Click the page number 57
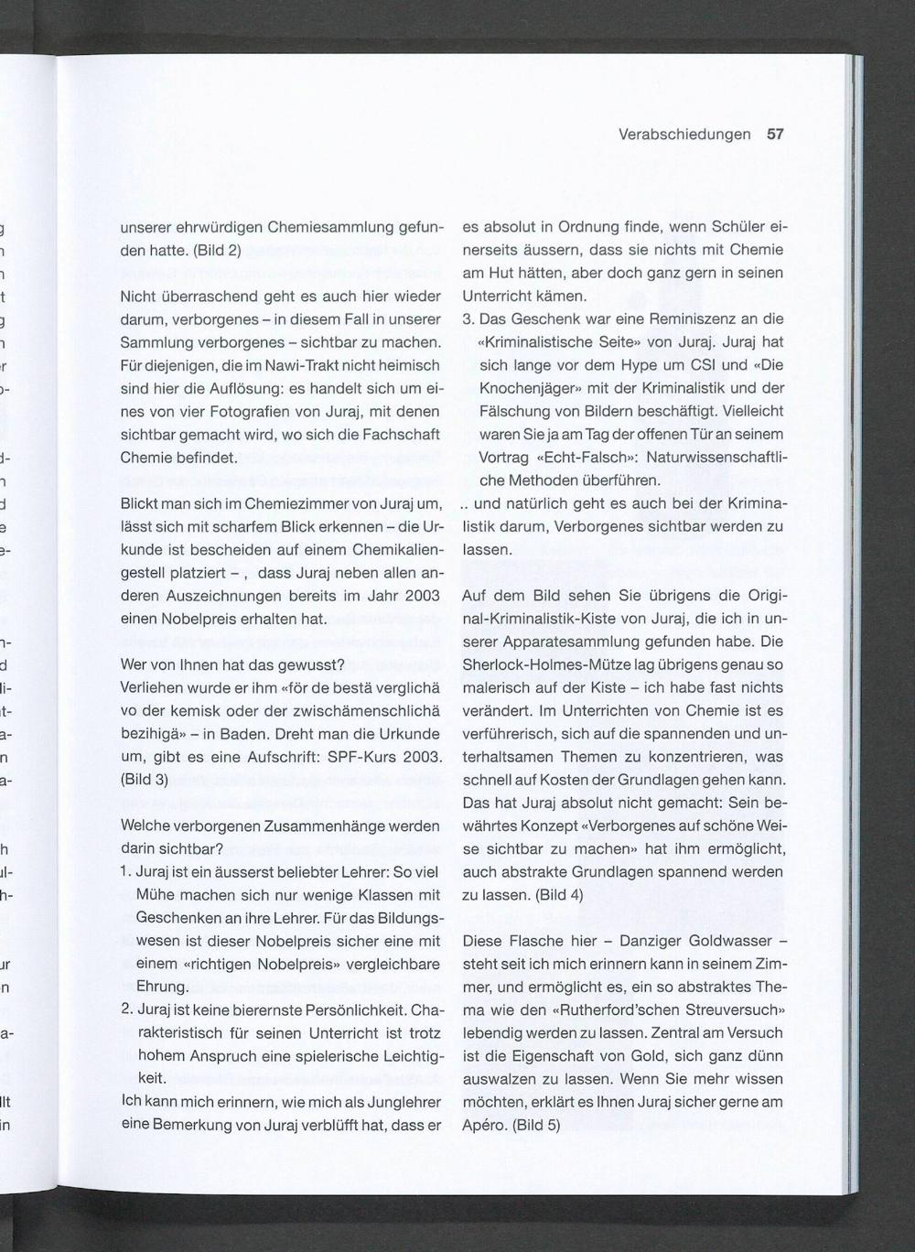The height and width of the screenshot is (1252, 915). point(775,135)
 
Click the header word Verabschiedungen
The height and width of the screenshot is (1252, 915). point(684,135)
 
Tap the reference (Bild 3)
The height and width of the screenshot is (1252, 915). point(145,780)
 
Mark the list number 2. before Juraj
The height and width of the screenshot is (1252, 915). point(126,1010)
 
